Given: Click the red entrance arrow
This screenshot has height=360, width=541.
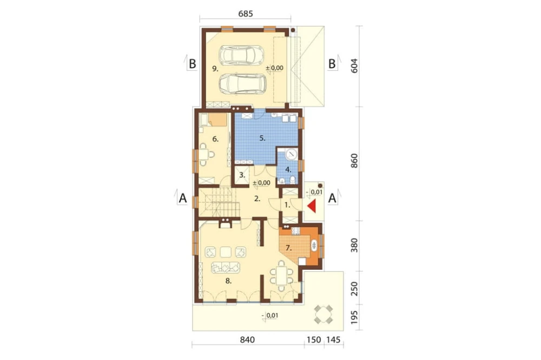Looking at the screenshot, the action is click(312, 206).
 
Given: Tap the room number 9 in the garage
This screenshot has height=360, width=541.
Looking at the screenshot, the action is click(215, 69).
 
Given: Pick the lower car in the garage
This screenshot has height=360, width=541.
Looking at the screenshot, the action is click(242, 83).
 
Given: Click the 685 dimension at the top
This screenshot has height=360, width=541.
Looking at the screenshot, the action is click(246, 14).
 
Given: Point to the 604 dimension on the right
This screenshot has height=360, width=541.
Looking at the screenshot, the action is click(354, 65).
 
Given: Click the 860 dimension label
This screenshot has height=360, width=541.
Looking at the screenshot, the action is click(354, 161).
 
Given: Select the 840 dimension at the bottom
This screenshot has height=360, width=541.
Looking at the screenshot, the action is click(247, 339).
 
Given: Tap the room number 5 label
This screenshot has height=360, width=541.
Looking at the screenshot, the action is click(262, 138).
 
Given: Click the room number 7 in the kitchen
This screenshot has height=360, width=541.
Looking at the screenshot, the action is click(289, 248).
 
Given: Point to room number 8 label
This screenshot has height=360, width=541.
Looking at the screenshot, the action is click(228, 281).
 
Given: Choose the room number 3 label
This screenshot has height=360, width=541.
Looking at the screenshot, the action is click(242, 175).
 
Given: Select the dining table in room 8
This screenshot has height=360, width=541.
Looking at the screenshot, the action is click(281, 273).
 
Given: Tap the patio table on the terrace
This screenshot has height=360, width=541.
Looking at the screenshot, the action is click(324, 315).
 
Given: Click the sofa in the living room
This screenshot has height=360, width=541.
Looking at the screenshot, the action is click(226, 267).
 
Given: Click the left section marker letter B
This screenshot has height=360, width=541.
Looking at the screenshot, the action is click(193, 64).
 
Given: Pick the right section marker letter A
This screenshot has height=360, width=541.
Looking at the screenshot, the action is click(332, 198).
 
